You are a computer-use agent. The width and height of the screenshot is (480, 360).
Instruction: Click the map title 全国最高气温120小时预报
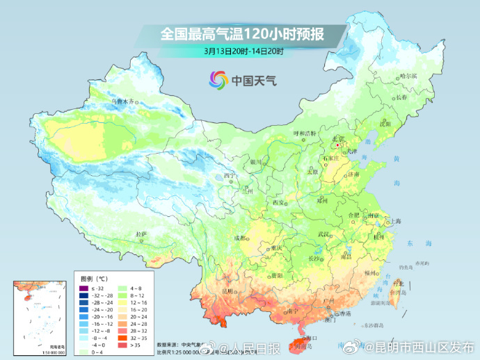(242, 33)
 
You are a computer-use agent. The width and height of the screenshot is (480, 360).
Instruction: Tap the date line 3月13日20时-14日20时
(242, 51)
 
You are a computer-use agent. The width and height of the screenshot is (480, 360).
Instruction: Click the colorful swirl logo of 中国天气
(218, 80)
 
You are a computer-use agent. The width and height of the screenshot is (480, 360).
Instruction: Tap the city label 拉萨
(142, 234)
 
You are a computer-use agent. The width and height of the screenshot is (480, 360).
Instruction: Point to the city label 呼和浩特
(304, 133)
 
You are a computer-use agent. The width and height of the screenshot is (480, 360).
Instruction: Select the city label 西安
(278, 202)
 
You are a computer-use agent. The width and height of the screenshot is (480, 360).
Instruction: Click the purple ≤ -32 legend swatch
(81, 288)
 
